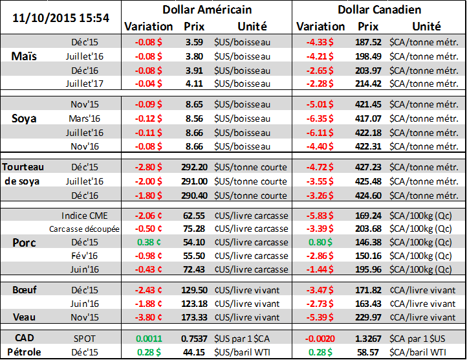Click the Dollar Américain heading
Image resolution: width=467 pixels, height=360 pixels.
[207, 10]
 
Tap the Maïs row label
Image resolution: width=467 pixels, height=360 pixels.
[25, 56]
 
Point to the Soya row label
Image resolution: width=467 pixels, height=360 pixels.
[25, 118]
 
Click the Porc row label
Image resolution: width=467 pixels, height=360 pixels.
[25, 242]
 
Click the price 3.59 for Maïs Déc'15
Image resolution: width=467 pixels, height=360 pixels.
[194, 41]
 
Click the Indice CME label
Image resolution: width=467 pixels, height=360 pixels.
[82, 215]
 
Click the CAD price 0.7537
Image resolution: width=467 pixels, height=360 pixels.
[193, 339]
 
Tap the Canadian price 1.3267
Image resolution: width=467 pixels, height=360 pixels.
[367, 339]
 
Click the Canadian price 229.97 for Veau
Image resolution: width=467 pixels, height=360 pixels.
[367, 317]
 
